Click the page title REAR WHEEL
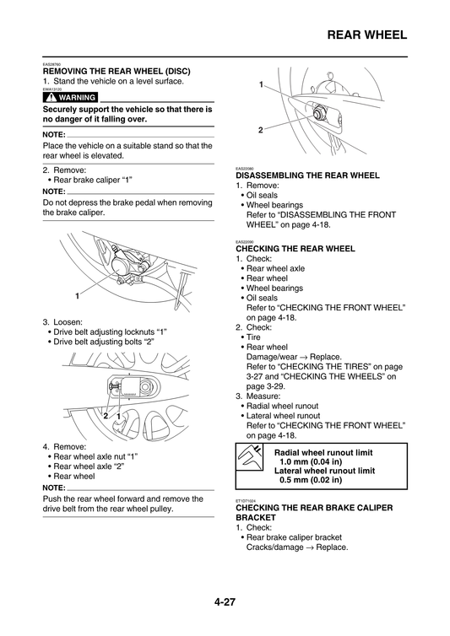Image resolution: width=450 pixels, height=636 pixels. point(366,35)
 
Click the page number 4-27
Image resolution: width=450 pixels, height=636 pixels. point(225,602)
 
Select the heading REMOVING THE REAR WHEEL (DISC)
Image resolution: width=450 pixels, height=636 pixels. point(117,72)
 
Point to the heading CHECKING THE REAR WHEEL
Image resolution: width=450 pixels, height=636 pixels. point(295,249)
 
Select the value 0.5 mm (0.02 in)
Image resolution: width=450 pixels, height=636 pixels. point(311,480)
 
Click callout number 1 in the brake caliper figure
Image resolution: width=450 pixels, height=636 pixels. point(76,296)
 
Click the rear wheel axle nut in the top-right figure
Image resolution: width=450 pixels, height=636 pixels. point(318,110)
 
